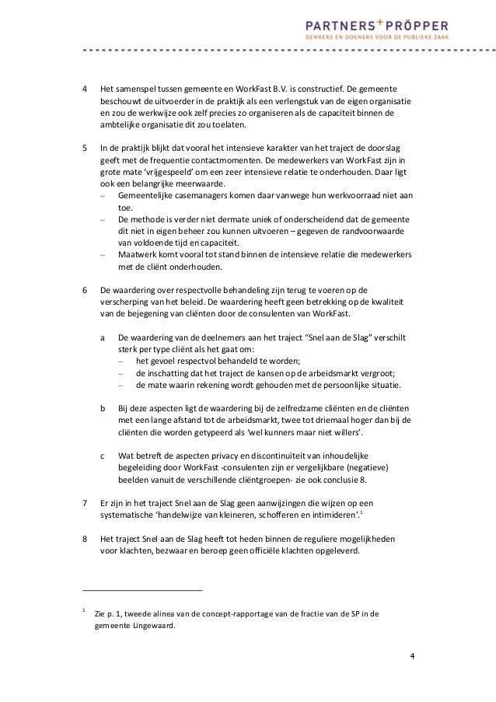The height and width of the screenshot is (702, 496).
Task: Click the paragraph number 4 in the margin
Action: click(86, 89)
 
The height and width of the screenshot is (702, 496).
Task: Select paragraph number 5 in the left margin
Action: click(86, 147)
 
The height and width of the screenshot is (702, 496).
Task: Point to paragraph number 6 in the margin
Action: click(86, 290)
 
